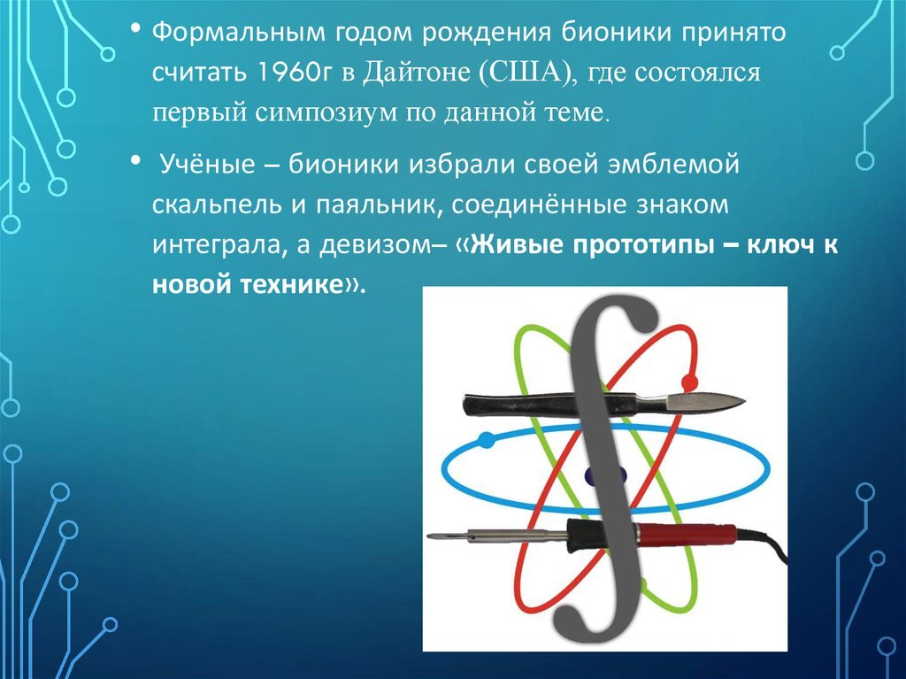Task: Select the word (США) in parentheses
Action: coord(526,73)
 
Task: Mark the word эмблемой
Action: coord(673,165)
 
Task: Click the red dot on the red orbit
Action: coord(689,382)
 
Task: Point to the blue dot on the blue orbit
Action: coord(487,440)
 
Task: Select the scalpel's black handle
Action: coord(520,403)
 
